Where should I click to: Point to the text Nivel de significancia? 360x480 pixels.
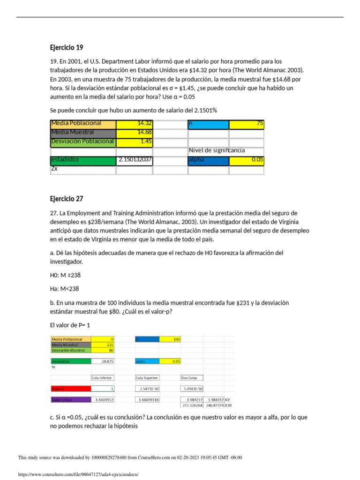pyautogui.click(x=217, y=150)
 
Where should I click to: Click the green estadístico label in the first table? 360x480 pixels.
pyautogui.click(x=82, y=160)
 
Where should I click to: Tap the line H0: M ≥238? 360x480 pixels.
pyautogui.click(x=62, y=275)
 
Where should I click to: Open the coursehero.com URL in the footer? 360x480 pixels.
pyautogui.click(x=78, y=474)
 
